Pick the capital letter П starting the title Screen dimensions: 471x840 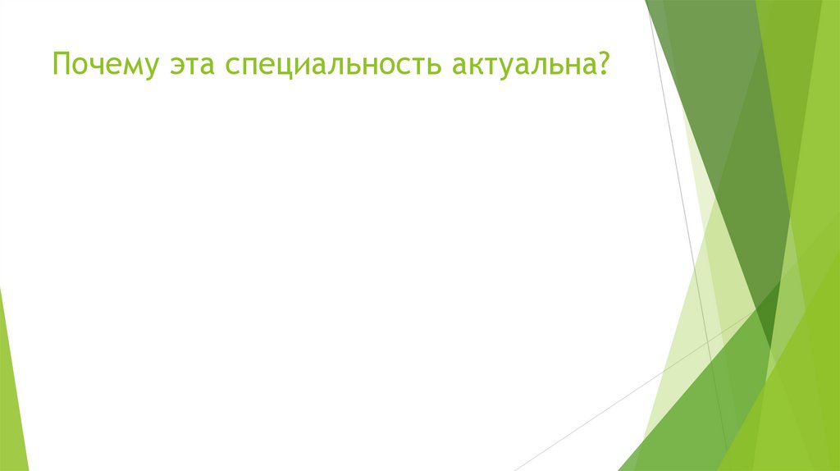coord(61,63)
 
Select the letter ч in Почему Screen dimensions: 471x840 coord(92,66)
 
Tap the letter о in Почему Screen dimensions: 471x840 coord(76,66)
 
